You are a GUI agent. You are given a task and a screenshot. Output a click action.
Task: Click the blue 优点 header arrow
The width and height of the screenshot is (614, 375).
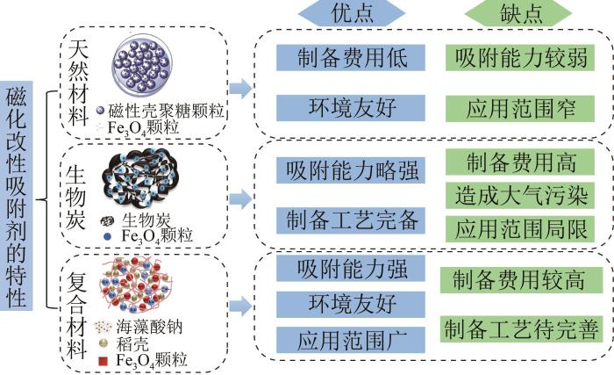352,15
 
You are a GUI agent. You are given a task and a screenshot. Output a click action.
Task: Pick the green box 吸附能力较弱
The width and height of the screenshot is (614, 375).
521,57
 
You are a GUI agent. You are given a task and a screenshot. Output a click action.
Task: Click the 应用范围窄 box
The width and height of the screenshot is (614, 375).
521,107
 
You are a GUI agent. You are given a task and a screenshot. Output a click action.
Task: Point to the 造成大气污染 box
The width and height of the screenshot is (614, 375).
521,194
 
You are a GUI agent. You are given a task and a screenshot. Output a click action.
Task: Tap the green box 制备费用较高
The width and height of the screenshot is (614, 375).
521,280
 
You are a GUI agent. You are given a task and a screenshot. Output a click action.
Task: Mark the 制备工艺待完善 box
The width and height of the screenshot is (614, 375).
521,329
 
